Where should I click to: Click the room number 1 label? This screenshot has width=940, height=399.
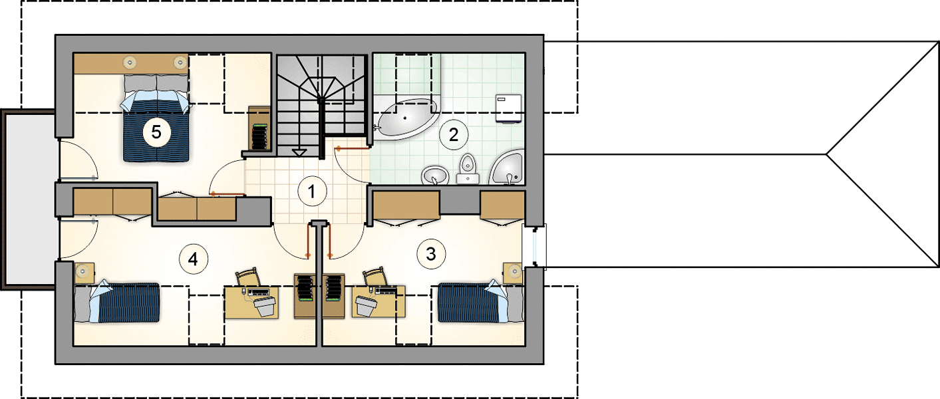tap(312, 192)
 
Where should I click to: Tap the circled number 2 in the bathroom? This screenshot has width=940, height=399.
tap(453, 135)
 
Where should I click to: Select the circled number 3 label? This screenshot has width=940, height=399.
tap(431, 254)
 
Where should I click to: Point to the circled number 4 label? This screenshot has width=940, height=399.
tap(193, 259)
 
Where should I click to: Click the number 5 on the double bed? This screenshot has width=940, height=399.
tap(156, 132)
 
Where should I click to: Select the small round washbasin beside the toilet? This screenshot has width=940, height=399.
tap(435, 175)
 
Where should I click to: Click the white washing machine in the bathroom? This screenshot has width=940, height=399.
tap(509, 108)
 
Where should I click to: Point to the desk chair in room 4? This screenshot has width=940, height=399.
tap(248, 277)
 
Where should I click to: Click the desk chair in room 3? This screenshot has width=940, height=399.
tap(375, 276)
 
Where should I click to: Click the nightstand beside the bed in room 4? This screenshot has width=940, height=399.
tap(84, 273)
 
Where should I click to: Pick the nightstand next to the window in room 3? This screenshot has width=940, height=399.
tap(513, 273)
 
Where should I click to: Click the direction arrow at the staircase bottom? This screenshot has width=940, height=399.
tap(299, 153)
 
